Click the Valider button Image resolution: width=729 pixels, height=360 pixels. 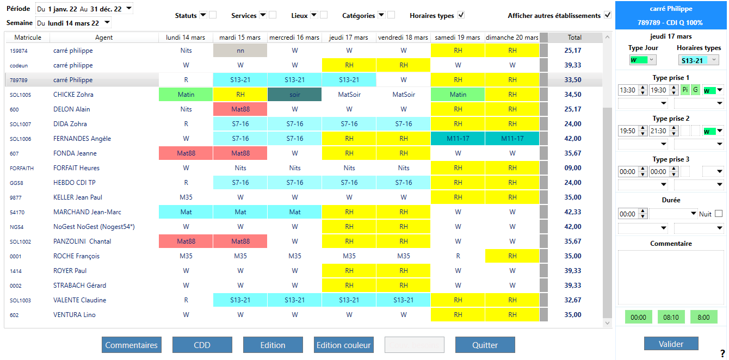coord(671,344)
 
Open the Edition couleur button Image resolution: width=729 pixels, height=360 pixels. coord(343,345)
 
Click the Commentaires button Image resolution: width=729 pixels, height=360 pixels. coord(131,345)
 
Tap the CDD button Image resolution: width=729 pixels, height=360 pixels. coord(202,345)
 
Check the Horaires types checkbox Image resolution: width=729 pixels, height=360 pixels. coord(461,15)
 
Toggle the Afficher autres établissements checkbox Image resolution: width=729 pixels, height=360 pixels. coord(608,15)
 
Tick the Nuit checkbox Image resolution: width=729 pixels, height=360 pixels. coord(719,214)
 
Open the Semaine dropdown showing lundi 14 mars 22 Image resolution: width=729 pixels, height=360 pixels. coord(73,23)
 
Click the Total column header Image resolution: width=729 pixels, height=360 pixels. coord(574,38)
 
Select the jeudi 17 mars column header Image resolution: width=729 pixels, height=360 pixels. coord(349,38)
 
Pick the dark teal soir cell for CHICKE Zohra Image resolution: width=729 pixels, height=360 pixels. coord(294,95)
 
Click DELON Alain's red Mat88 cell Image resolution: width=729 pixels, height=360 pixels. coord(240,109)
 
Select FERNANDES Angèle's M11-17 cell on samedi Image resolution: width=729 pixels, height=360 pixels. coord(458,139)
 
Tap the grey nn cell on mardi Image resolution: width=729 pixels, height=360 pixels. coord(240,51)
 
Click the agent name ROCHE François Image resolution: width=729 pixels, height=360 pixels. coord(76,256)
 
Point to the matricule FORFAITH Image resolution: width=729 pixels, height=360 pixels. coord(21,168)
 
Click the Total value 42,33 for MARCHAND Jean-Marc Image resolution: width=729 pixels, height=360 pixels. coord(572,212)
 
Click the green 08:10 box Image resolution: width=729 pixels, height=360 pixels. coord(671,317)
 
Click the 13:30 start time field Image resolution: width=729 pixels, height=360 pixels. coord(628,90)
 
